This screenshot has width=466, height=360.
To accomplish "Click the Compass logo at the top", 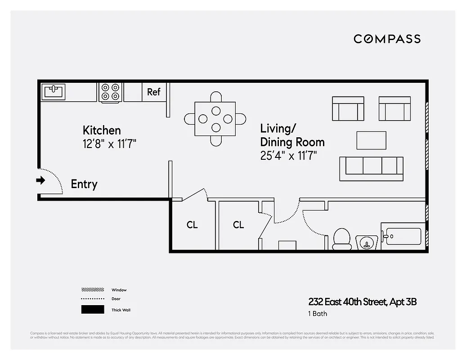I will pyautogui.click(x=387, y=39).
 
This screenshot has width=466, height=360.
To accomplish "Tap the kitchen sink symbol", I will pyautogui.click(x=54, y=91).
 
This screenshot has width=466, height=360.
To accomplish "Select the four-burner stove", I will pyautogui.click(x=110, y=92).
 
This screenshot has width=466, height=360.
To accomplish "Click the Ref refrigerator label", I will pyautogui.click(x=154, y=92).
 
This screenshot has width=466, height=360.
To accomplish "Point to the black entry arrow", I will pyautogui.click(x=41, y=180).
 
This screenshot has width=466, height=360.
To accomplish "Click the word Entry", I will pyautogui.click(x=84, y=184).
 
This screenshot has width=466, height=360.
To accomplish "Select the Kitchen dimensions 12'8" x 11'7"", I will pyautogui.click(x=109, y=144).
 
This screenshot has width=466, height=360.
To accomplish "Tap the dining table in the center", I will pyautogui.click(x=215, y=119).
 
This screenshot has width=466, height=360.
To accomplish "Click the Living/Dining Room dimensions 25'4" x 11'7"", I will pyautogui.click(x=289, y=156).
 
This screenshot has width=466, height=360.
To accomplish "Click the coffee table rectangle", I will pyautogui.click(x=371, y=140).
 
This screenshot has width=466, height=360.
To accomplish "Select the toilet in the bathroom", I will pyautogui.click(x=342, y=239).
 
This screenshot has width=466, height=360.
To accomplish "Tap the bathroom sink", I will pyautogui.click(x=367, y=242).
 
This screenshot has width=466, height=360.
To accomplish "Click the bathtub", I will pyautogui.click(x=403, y=236).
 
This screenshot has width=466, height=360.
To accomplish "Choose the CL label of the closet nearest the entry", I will pyautogui.click(x=192, y=225).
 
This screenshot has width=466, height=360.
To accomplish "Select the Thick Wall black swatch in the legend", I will pyautogui.click(x=93, y=310).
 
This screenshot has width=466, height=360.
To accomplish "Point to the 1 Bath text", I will pyautogui.click(x=318, y=314).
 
